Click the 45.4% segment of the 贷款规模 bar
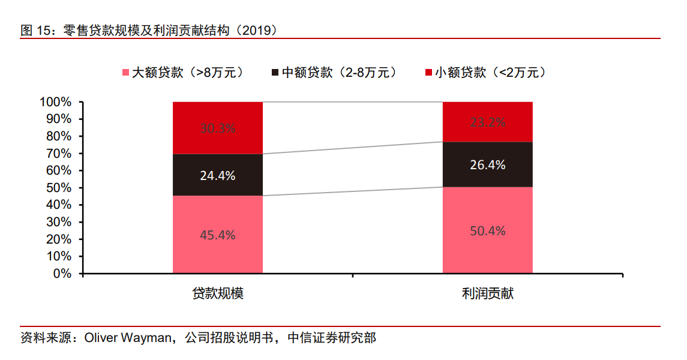[217, 235]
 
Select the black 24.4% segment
[217, 175]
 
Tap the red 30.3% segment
[217, 128]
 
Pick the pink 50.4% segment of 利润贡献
[487, 230]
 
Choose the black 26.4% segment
[487, 164]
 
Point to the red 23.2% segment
[487, 122]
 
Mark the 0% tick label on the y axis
[62, 274]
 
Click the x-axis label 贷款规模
[217, 294]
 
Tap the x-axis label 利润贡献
[487, 294]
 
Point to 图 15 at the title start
[34, 30]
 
